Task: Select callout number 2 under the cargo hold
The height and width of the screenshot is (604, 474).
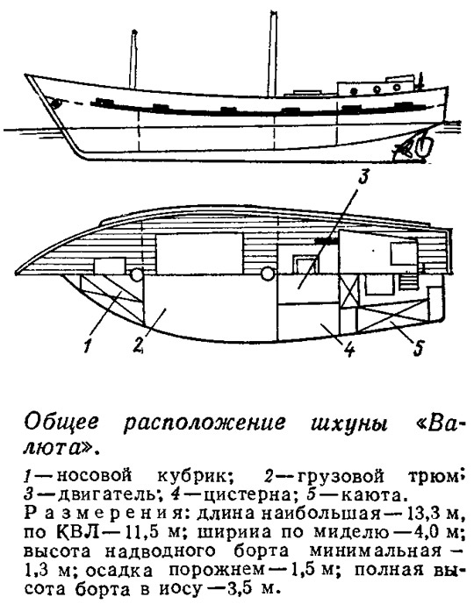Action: (138, 345)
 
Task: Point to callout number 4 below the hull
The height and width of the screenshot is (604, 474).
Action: (348, 349)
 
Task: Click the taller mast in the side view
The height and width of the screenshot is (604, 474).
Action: (273, 53)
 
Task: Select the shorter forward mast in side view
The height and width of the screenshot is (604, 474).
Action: (133, 59)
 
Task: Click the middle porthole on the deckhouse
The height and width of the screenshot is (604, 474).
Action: (377, 89)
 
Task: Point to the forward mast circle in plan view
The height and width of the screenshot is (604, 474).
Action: (137, 274)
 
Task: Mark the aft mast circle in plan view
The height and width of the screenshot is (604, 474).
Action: (266, 274)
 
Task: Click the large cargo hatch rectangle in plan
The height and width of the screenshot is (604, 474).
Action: (199, 254)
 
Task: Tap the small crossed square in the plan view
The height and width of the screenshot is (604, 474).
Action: (348, 292)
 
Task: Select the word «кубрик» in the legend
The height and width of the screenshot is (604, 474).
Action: (194, 477)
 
